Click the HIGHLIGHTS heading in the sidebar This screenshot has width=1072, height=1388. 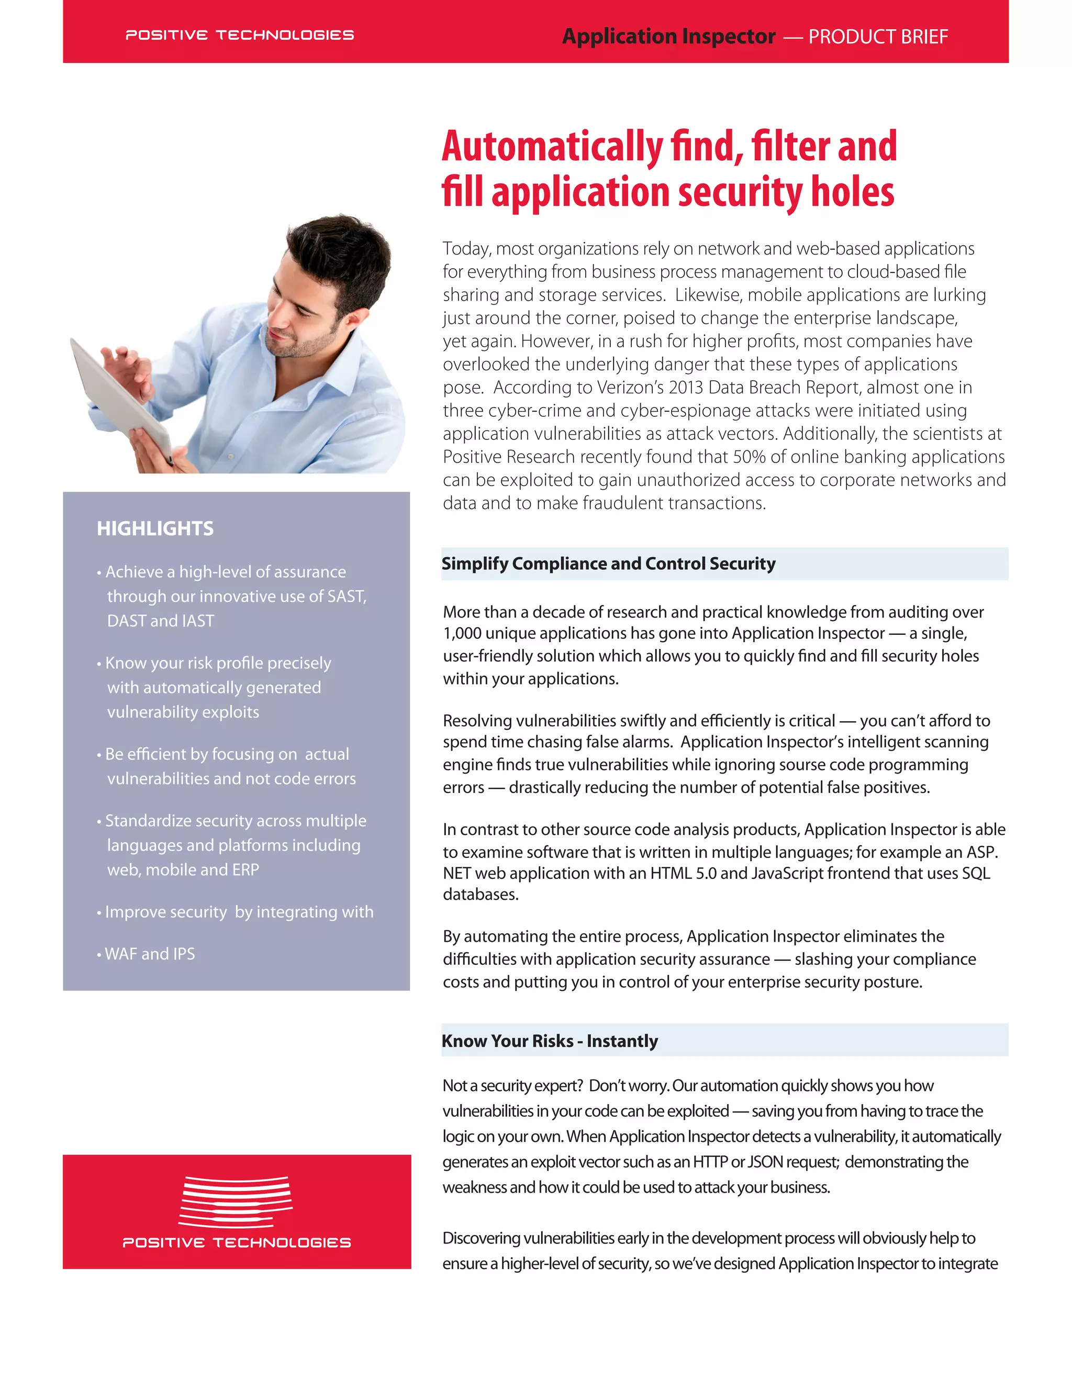pos(155,528)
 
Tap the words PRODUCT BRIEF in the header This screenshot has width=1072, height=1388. pos(878,37)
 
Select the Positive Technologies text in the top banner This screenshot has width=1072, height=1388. pos(239,35)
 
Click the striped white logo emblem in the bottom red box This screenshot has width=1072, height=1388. pos(236,1201)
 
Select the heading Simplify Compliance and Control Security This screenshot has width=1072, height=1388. pos(608,564)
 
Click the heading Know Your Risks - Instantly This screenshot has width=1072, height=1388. pos(549,1041)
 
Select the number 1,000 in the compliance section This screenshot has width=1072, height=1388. pos(464,633)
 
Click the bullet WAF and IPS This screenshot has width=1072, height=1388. pos(150,953)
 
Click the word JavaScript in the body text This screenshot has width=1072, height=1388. pos(787,873)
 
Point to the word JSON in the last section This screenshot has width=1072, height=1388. pos(765,1162)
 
